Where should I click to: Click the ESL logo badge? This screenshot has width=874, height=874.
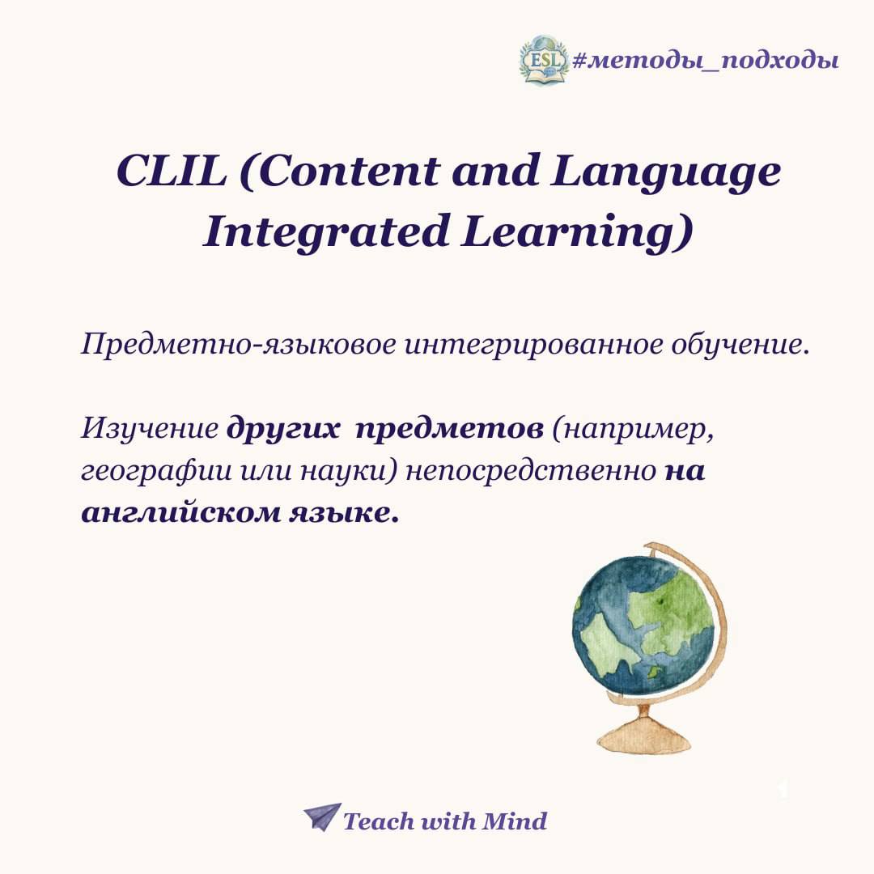tap(543, 60)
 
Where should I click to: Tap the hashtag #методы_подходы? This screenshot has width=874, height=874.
tap(705, 60)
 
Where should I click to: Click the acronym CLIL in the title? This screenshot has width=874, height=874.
tap(172, 171)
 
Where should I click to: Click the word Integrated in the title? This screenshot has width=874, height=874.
tap(326, 231)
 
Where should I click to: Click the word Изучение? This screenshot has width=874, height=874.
tap(150, 429)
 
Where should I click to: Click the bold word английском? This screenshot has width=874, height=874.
tap(181, 513)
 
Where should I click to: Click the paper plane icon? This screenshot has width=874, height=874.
tap(322, 817)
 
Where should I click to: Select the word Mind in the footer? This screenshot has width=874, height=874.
tap(514, 821)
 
